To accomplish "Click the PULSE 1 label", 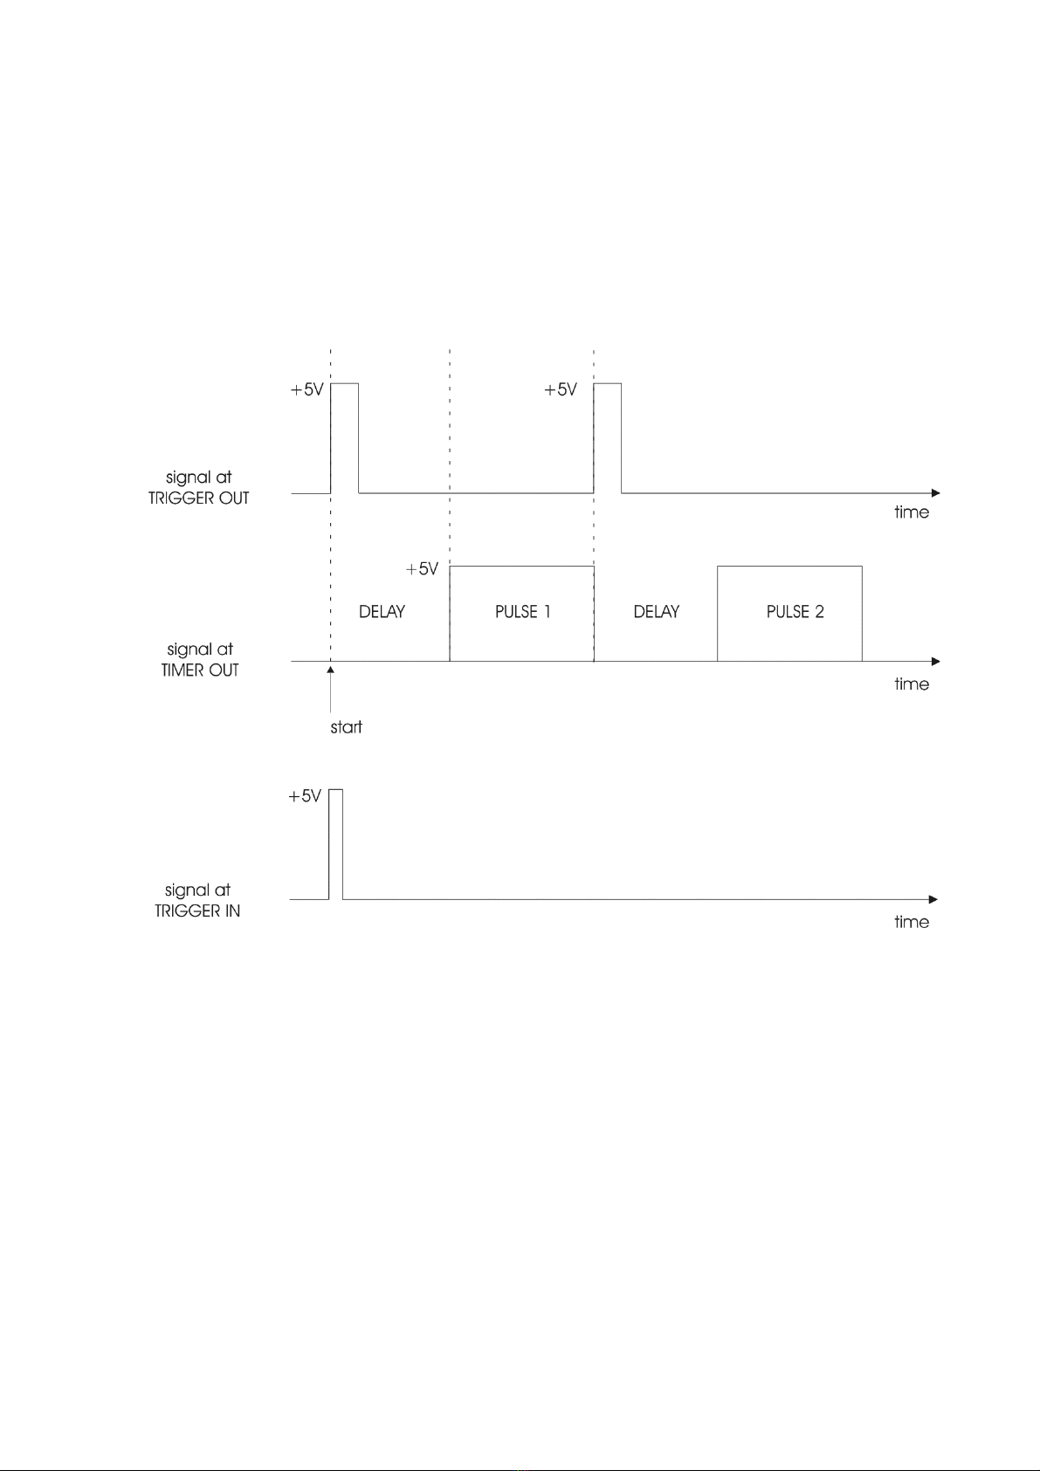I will [522, 612].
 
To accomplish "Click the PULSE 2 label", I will [795, 612].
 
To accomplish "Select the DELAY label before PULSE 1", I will [382, 612].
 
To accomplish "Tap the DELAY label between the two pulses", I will [656, 612].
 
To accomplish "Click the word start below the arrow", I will [346, 727].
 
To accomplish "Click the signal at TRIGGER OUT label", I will [199, 488].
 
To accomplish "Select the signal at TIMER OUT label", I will [200, 660].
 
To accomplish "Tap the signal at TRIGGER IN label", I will [197, 900].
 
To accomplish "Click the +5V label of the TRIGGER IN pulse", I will [305, 796].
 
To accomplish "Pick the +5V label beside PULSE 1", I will [422, 569].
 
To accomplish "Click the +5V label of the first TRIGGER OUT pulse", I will [306, 390].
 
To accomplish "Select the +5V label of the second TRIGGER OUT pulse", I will [561, 390].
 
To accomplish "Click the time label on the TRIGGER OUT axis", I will [911, 512].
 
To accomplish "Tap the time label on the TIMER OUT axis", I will [911, 684].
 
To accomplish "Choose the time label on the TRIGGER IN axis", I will [911, 922].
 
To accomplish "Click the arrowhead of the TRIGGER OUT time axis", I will [935, 493].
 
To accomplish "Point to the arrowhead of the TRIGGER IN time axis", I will [933, 899].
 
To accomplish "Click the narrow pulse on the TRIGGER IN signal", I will [336, 843].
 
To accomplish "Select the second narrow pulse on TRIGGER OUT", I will [608, 436].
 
